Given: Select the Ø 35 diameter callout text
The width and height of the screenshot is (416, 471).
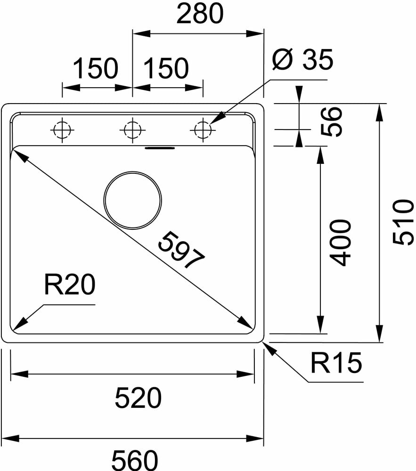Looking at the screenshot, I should tap(302, 60).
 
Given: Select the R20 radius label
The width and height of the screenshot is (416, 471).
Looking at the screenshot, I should tap(69, 285).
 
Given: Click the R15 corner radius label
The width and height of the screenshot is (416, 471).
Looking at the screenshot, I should tap(336, 363).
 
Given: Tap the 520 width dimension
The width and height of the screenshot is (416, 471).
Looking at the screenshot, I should tap(138, 398).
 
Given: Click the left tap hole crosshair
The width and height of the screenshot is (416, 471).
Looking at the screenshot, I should tap(63, 129).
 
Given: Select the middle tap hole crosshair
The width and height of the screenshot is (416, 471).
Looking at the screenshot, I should tap(132, 129).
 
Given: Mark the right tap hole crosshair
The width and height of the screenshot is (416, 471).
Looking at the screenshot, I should tap(203, 129).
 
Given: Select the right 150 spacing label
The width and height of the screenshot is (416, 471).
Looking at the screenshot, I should tap(166, 69).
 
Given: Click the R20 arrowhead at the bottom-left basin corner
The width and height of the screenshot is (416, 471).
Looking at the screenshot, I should tap(19, 325).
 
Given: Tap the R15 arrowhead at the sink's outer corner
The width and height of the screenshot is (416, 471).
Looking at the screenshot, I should tap(269, 347).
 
